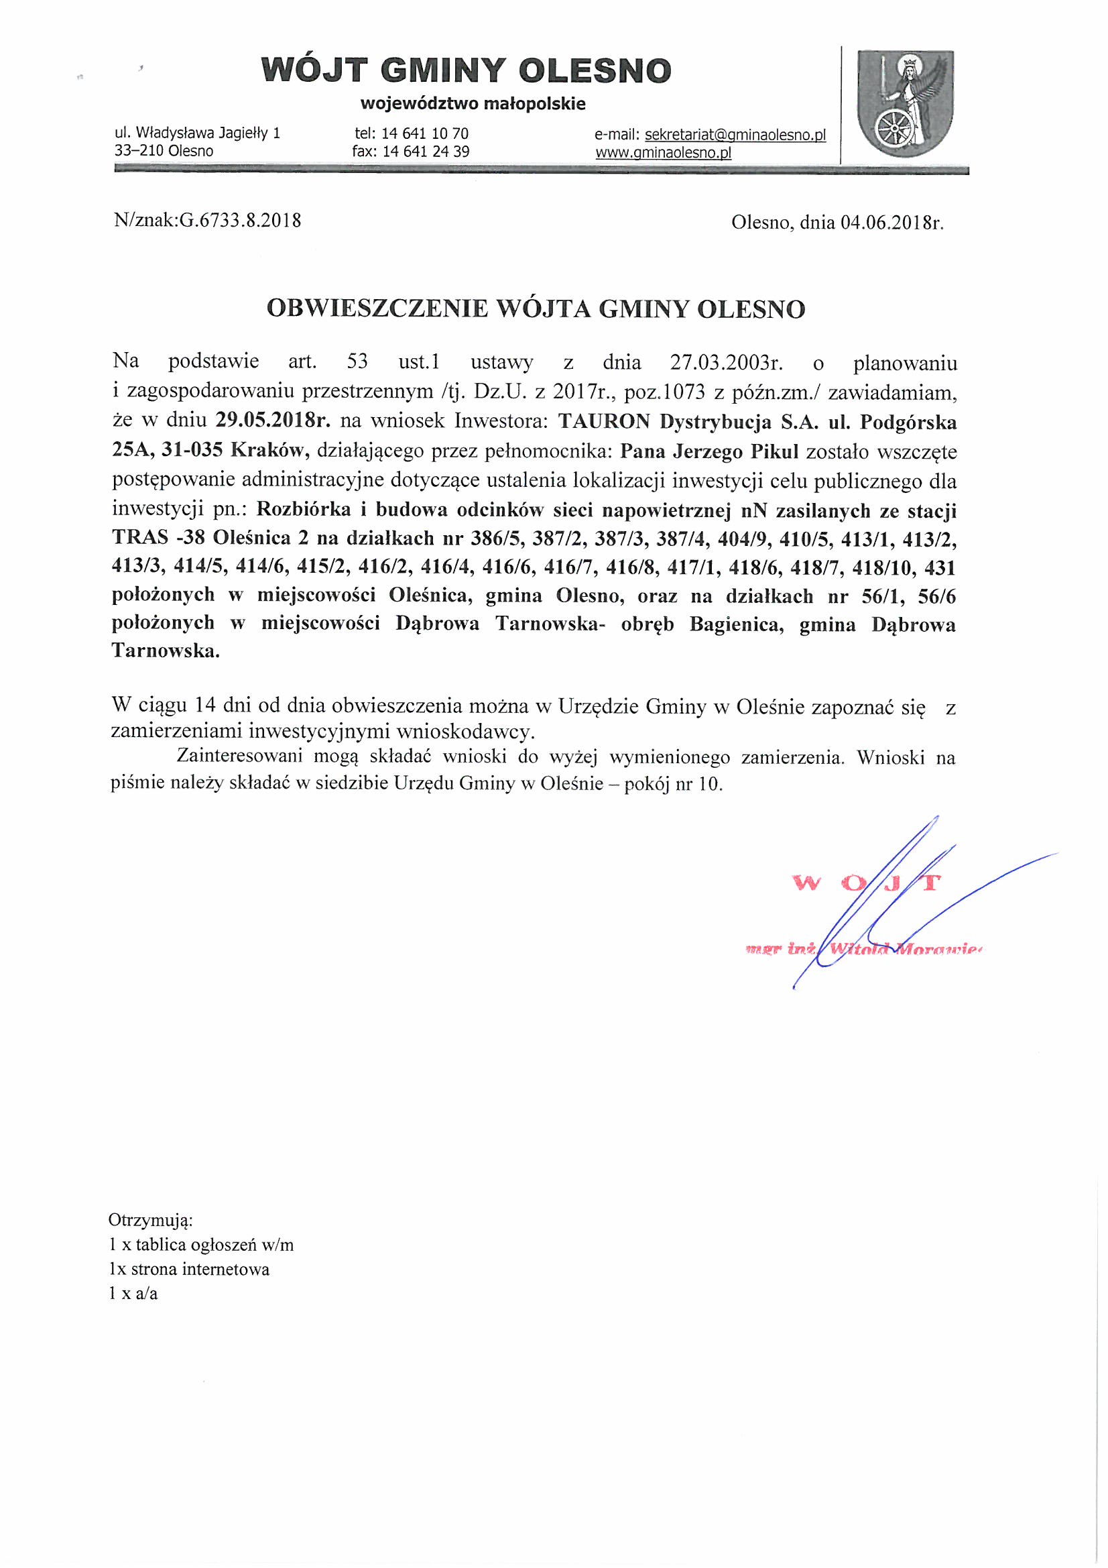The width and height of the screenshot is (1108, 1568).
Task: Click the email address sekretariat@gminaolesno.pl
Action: pyautogui.click(x=735, y=135)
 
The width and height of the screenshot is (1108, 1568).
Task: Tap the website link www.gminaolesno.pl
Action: pyautogui.click(x=663, y=152)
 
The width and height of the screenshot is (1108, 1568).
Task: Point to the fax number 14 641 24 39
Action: pyautogui.click(x=426, y=152)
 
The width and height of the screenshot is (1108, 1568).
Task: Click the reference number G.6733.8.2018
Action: pyautogui.click(x=239, y=221)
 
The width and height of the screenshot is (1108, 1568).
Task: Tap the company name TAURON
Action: pyautogui.click(x=603, y=421)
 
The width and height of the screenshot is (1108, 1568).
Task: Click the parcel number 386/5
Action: pyautogui.click(x=494, y=539)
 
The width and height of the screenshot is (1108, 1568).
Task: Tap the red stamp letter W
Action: pyautogui.click(x=805, y=883)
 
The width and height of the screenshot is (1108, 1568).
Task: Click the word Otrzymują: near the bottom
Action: pyautogui.click(x=150, y=1220)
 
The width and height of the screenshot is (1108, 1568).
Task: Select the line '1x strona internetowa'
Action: pyautogui.click(x=189, y=1269)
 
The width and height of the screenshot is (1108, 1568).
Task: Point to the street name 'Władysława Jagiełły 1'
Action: pyautogui.click(x=208, y=133)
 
